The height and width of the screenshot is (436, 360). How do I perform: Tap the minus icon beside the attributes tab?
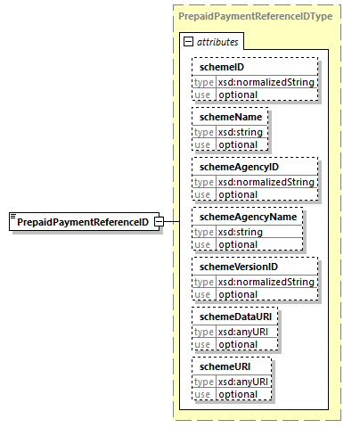188,42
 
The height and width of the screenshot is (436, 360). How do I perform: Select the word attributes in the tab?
217,42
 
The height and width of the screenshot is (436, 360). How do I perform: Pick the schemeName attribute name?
228,116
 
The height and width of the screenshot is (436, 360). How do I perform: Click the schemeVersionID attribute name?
239,267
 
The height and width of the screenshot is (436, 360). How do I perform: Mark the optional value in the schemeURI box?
238,394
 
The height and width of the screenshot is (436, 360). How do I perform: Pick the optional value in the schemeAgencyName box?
238,244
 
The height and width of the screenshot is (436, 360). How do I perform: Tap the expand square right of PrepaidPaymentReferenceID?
159,222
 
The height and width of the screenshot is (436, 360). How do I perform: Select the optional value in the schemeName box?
238,144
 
